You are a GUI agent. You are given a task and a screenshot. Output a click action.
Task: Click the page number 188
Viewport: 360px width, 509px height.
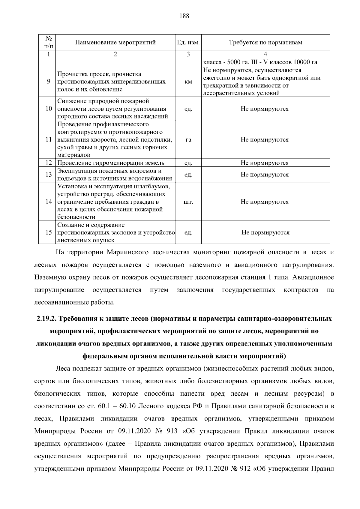[x=184, y=16]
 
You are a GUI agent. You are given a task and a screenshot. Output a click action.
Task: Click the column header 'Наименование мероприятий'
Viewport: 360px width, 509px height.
[x=115, y=42]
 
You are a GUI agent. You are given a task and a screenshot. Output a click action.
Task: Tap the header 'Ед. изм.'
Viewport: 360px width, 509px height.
[x=188, y=42]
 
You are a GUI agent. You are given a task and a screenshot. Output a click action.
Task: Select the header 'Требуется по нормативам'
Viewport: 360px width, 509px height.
[x=265, y=42]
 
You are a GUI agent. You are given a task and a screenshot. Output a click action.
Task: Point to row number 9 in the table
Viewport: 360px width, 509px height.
[x=49, y=82]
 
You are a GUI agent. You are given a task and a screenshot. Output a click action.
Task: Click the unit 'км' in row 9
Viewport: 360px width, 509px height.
[x=188, y=82]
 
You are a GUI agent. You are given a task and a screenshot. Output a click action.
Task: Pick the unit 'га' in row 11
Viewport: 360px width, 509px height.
[x=188, y=140]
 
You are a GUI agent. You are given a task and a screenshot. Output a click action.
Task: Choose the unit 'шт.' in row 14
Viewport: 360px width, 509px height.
[x=188, y=202]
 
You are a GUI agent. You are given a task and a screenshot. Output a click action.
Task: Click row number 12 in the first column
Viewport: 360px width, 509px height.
[x=49, y=163]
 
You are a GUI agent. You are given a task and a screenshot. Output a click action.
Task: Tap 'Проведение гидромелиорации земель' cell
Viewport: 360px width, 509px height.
[x=111, y=163]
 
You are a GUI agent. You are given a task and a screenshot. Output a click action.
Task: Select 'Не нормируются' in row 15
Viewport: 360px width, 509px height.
[x=265, y=232]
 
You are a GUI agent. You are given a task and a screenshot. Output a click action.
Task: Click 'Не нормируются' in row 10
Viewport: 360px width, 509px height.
[x=265, y=109]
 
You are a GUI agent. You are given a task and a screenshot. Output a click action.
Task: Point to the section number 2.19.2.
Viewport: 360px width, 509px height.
[x=46, y=319]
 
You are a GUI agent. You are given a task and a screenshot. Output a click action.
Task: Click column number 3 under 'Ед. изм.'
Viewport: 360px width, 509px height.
[x=188, y=54]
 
